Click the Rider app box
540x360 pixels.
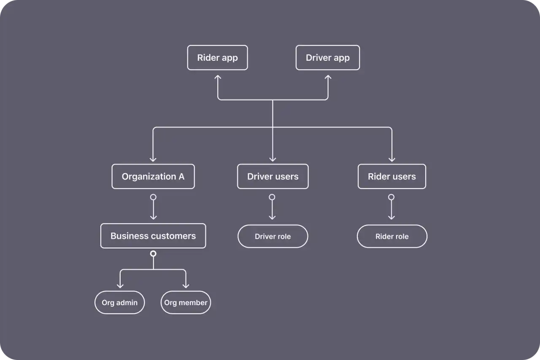(x=217, y=58)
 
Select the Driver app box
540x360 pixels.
(x=327, y=58)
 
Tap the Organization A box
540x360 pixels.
(x=153, y=176)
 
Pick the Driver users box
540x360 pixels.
(x=273, y=176)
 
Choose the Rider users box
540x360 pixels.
(x=391, y=176)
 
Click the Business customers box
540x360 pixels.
(x=153, y=236)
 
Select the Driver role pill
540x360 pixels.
(x=273, y=236)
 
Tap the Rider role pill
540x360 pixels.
(x=392, y=236)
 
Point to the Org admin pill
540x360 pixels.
(x=119, y=303)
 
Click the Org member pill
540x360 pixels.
(x=186, y=303)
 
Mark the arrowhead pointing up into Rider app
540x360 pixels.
(x=218, y=78)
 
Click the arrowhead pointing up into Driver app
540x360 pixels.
(x=328, y=78)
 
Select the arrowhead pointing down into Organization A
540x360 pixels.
(x=153, y=159)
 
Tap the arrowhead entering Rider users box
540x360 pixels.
(x=391, y=159)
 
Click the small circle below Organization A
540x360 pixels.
(x=153, y=197)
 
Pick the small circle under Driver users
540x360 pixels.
(x=272, y=197)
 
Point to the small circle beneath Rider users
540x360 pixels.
(x=391, y=197)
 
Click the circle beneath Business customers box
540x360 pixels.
(x=153, y=254)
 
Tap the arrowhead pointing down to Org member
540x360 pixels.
(x=186, y=286)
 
